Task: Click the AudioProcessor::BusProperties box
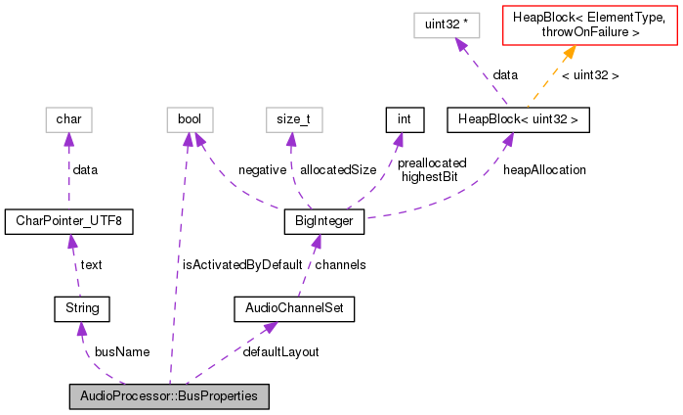pos(169,396)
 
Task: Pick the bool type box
pos(189,120)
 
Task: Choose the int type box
pos(402,120)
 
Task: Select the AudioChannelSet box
pos(294,309)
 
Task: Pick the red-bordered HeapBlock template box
pos(590,25)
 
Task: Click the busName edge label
pos(121,351)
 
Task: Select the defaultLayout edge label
pos(280,351)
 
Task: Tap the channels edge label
pos(340,264)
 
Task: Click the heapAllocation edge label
pos(544,169)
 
